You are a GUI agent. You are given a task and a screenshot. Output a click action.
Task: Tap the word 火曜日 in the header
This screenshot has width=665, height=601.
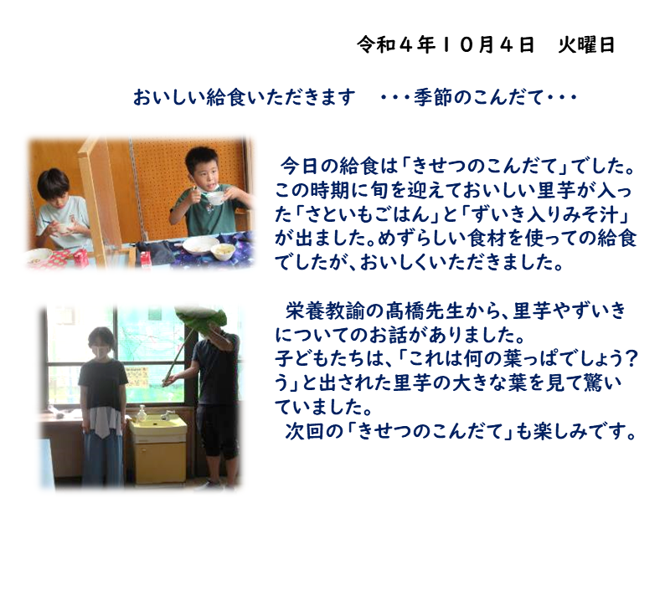(x=586, y=45)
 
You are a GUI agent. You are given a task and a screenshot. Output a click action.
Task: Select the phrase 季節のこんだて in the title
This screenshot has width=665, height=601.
(x=479, y=97)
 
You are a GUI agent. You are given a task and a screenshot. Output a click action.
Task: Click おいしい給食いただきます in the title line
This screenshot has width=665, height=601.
(x=245, y=97)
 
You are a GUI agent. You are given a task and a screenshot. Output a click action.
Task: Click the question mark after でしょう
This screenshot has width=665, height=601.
(x=631, y=359)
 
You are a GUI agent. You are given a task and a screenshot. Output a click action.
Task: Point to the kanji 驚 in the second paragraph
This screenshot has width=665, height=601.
(x=591, y=383)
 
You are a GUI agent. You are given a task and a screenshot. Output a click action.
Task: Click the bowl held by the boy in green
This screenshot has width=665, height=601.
(x=215, y=198)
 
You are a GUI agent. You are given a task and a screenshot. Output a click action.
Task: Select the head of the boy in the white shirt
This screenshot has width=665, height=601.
(x=54, y=187)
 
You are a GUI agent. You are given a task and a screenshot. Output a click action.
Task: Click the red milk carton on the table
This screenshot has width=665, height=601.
(x=80, y=257)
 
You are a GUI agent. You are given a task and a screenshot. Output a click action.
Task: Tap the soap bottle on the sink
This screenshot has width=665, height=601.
(x=142, y=413)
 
